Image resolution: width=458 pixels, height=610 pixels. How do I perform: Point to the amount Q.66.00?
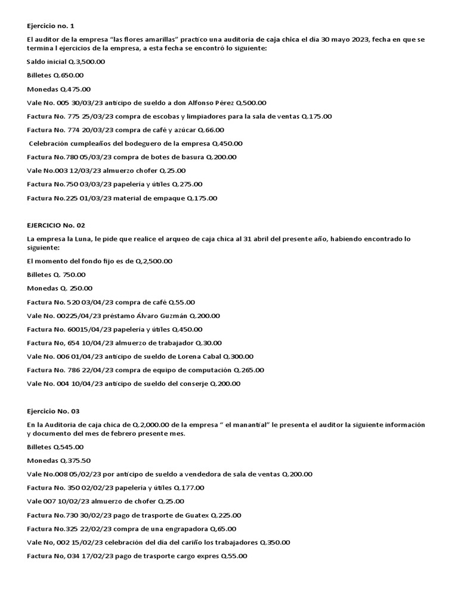211,130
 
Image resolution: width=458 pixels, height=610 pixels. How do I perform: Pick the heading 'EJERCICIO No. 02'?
56,225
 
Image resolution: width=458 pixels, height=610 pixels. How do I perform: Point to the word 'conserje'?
191,384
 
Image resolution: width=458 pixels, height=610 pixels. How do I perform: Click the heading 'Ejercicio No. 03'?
53,411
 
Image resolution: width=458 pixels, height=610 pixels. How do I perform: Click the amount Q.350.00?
276,542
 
